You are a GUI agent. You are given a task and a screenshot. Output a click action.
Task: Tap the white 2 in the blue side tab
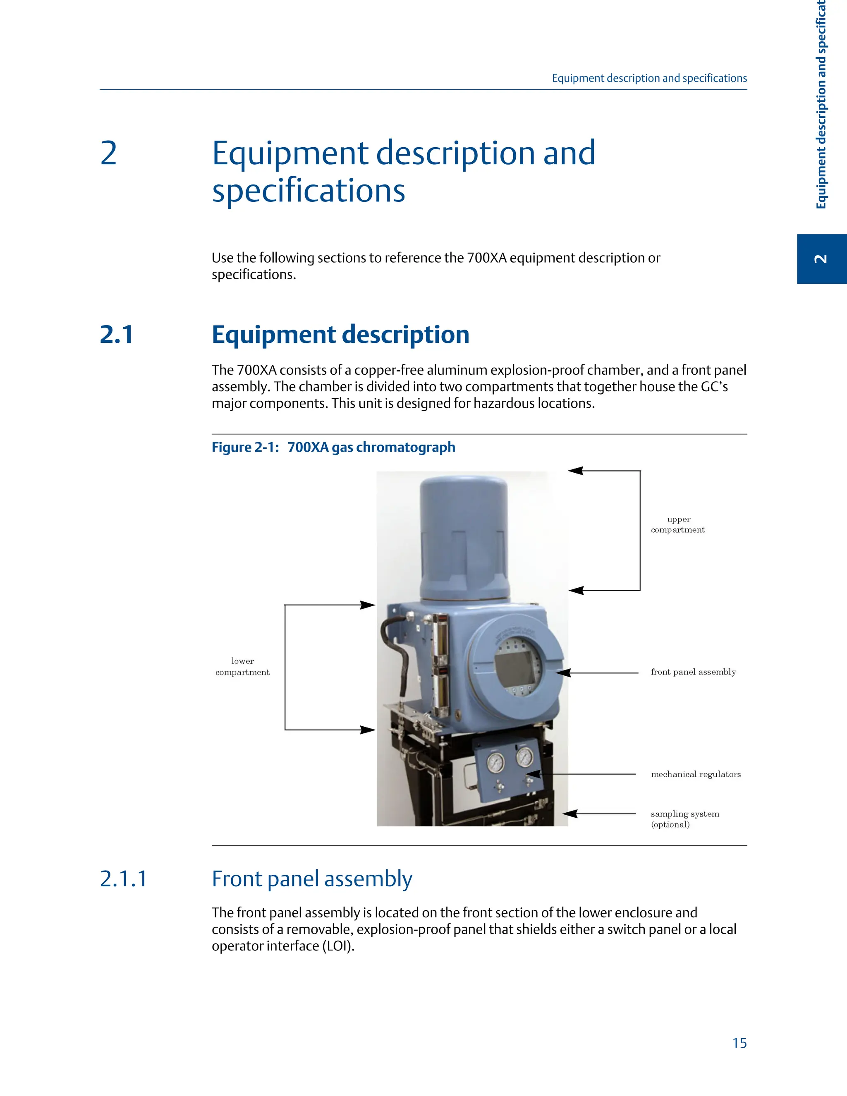pyautogui.click(x=821, y=259)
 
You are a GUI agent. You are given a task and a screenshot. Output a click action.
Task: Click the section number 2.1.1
pyautogui.click(x=123, y=879)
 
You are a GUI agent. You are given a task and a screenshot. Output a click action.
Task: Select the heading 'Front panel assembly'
pyautogui.click(x=311, y=879)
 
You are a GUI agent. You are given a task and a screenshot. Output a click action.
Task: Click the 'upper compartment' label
pyautogui.click(x=678, y=524)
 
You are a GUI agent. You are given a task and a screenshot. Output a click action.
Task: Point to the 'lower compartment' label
pyautogui.click(x=242, y=666)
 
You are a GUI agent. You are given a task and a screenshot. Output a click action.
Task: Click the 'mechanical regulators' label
pyautogui.click(x=696, y=774)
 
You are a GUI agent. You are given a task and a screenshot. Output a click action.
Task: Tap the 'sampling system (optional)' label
pyautogui.click(x=684, y=819)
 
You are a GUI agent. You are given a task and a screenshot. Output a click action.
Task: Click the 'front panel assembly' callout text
pyautogui.click(x=693, y=672)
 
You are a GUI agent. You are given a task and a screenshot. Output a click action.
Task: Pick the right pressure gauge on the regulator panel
pyautogui.click(x=524, y=757)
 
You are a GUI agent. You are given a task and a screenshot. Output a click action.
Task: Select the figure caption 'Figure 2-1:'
pyautogui.click(x=245, y=447)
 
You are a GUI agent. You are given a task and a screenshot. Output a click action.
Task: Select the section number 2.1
pyautogui.click(x=116, y=334)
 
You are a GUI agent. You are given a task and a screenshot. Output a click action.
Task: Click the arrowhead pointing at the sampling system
pyautogui.click(x=569, y=814)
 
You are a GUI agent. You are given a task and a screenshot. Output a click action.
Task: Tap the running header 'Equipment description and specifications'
pyautogui.click(x=649, y=78)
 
